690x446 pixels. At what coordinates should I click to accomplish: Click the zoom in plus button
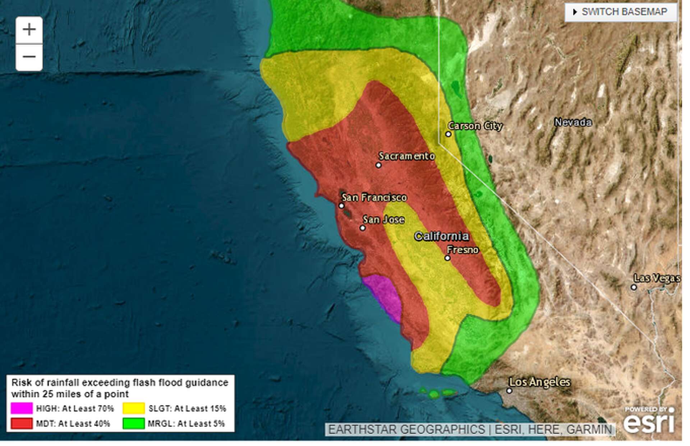(29, 30)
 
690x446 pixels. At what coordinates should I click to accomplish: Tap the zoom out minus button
(29, 57)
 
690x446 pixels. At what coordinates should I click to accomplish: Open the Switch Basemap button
(621, 12)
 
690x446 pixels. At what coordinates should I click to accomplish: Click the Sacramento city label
(406, 156)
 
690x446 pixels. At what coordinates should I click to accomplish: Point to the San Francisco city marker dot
(341, 206)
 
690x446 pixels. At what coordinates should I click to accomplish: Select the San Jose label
(383, 219)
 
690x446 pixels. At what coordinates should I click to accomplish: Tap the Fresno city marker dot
(447, 258)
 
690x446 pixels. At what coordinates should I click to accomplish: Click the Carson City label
(475, 126)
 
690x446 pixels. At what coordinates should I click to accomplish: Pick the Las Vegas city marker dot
(634, 287)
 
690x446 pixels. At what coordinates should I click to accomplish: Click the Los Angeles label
(540, 382)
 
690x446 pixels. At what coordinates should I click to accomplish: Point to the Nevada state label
(573, 122)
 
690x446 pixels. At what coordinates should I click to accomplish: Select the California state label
(441, 236)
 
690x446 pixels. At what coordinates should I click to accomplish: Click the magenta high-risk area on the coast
(385, 297)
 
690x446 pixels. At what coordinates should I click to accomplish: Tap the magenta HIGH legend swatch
(22, 408)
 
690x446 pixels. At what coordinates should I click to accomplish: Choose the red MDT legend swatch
(22, 423)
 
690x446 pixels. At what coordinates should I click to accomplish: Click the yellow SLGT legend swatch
(134, 408)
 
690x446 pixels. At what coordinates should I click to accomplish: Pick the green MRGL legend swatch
(134, 423)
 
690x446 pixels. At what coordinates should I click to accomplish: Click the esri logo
(649, 423)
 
